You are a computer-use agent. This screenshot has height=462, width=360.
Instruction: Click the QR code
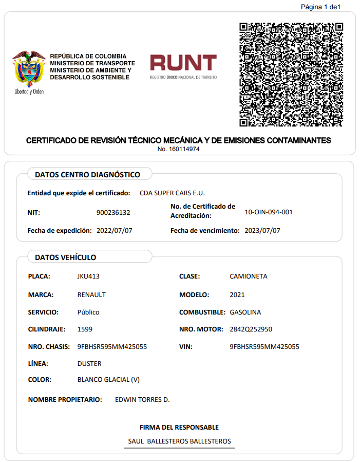[x=291, y=75]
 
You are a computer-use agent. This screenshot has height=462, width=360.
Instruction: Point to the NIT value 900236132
[x=113, y=213]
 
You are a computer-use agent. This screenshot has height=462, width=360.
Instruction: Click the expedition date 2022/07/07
[x=115, y=231]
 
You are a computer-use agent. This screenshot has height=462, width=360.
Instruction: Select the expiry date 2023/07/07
[x=262, y=231]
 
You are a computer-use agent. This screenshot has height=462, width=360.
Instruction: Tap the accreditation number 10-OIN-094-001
[x=269, y=212]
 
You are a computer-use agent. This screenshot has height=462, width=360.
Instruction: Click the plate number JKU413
[x=88, y=276]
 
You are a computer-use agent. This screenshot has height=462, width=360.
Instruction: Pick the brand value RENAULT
[x=91, y=295]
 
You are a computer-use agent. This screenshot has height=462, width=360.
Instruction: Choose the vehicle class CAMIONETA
[x=248, y=276]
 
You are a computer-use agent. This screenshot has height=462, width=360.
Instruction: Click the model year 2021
[x=237, y=295]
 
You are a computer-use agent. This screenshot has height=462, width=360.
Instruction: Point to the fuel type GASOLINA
[x=245, y=312]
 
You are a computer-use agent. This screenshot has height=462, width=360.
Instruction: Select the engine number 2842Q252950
[x=251, y=329]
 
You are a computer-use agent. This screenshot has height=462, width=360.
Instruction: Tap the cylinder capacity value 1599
[x=85, y=329]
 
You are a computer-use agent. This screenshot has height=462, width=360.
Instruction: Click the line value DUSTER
[x=89, y=364]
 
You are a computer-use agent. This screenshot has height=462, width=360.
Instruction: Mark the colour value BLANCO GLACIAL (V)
[x=108, y=380]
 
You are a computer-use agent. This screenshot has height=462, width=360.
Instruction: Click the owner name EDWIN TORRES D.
[x=142, y=400]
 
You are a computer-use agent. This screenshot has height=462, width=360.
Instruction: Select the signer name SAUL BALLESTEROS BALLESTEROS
[x=179, y=441]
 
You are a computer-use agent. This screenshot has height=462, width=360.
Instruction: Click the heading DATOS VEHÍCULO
[x=65, y=257]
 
